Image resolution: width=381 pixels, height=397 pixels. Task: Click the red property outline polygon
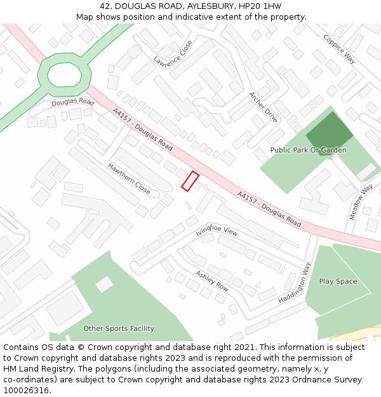[x=190, y=181]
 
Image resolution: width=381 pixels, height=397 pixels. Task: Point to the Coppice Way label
[x=339, y=49]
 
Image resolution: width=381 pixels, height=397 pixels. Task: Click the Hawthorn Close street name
[x=129, y=179]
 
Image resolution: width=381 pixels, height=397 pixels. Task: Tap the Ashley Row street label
[x=211, y=280]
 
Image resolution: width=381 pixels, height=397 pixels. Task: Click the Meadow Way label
[x=361, y=202]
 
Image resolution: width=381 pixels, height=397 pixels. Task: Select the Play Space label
[x=338, y=281]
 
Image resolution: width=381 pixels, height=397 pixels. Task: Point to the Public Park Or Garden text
[x=309, y=150]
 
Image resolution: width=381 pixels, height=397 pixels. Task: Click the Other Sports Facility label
[x=119, y=328]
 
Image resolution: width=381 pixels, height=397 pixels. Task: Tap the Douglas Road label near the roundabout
[x=73, y=102]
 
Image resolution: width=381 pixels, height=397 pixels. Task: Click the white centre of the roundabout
[x=65, y=74]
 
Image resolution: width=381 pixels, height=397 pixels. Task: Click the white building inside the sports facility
[x=104, y=284]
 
